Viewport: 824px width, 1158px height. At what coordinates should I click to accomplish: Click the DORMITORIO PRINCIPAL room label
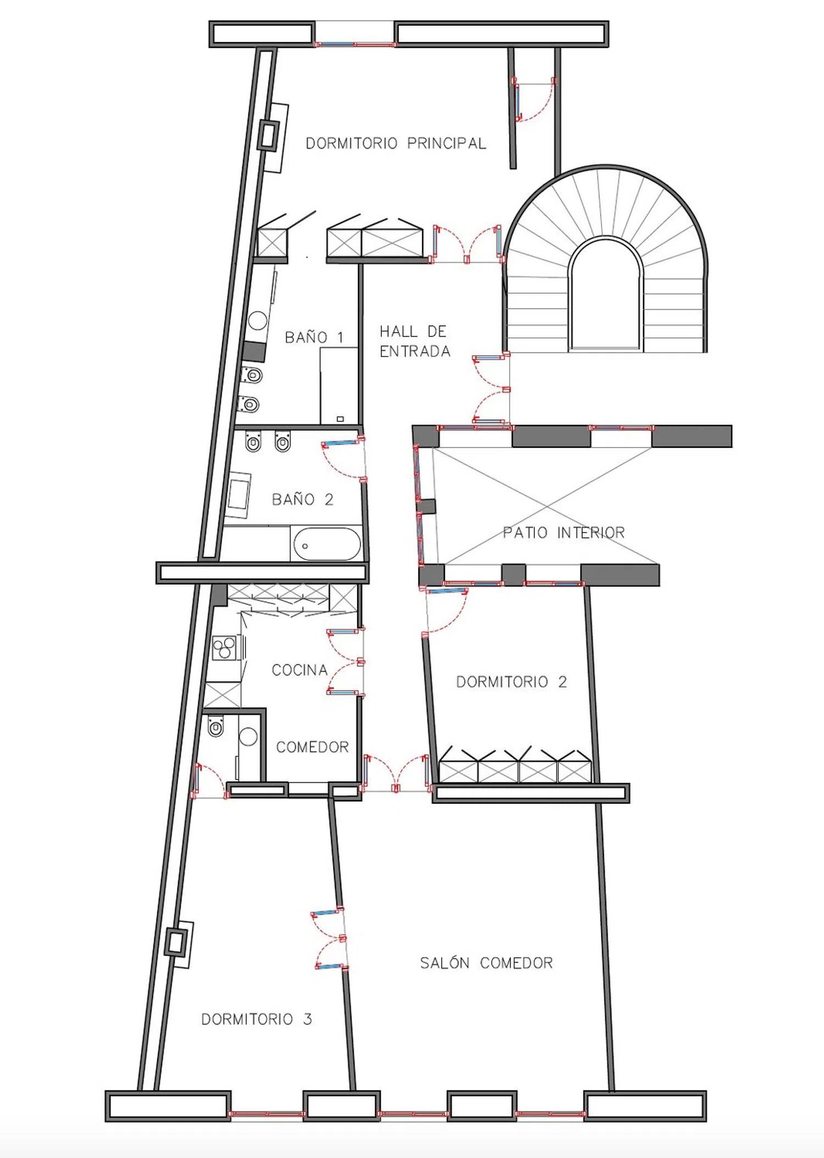[396, 144]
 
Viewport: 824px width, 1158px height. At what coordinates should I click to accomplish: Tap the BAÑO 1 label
[314, 337]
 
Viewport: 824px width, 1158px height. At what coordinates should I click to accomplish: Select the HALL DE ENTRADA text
[415, 341]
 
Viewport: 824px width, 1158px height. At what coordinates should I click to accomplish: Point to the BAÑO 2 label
[303, 500]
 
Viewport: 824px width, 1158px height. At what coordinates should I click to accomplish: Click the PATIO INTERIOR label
[564, 533]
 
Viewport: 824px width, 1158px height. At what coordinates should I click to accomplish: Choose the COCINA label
[299, 670]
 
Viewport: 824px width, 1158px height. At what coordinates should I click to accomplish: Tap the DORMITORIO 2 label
[511, 682]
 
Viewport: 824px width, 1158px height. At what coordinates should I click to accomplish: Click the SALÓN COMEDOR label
[486, 963]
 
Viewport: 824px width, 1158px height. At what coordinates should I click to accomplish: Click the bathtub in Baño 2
[327, 544]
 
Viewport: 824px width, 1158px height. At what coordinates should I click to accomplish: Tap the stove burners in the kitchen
[224, 648]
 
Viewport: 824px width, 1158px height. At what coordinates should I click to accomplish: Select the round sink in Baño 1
[258, 320]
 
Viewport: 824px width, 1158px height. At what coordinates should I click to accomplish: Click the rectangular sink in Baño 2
[238, 495]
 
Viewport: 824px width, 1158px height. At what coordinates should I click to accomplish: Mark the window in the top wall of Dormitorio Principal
[354, 43]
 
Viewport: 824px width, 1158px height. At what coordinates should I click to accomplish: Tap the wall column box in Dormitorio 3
[176, 943]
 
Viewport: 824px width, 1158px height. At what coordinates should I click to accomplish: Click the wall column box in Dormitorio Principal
[269, 135]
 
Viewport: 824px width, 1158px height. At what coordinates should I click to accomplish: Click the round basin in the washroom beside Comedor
[248, 737]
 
